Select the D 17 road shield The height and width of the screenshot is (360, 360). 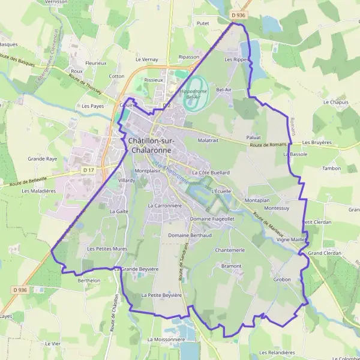[x=88, y=170]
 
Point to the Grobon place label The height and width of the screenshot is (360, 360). [x=282, y=280]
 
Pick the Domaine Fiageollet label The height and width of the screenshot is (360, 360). [x=196, y=219]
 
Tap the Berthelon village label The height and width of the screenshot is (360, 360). [x=88, y=280]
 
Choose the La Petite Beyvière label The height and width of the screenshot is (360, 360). [x=161, y=295]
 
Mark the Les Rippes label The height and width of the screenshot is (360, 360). [x=236, y=60]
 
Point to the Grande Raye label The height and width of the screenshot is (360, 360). [x=43, y=159]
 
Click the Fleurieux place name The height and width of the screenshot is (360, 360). [x=95, y=62]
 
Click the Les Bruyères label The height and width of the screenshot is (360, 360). [x=317, y=143]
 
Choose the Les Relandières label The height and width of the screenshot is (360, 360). [x=277, y=353]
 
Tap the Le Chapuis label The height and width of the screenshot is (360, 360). [x=335, y=103]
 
